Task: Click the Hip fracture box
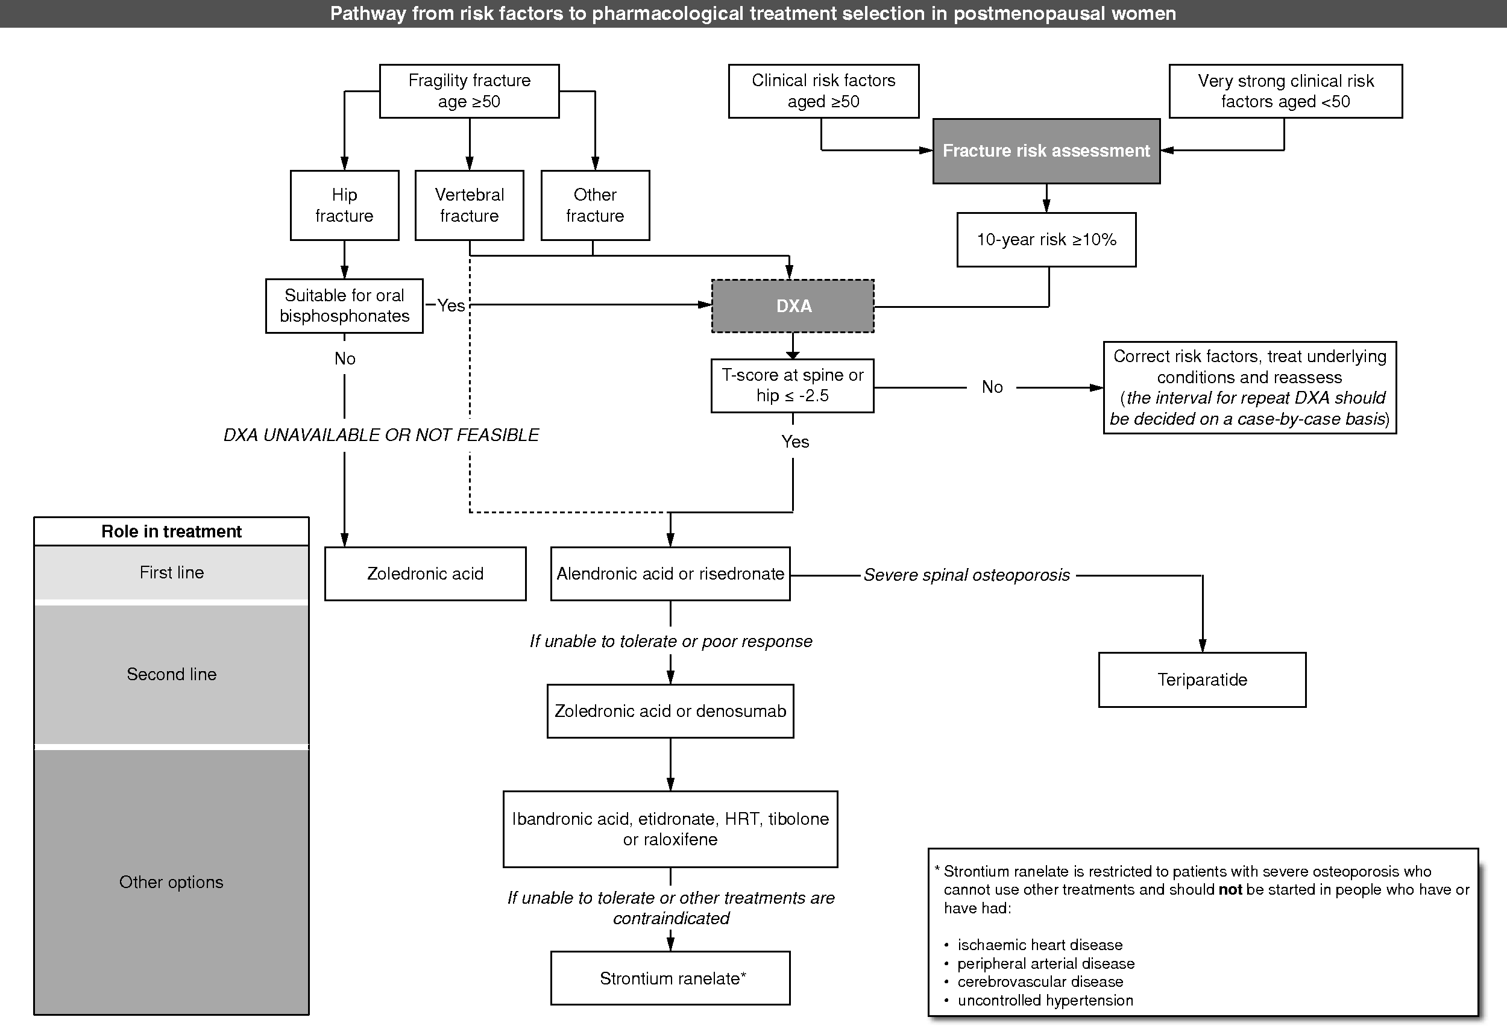coord(344,205)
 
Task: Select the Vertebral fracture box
coord(469,205)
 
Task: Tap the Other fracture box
coord(594,205)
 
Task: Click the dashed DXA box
coord(793,306)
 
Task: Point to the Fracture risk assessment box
coord(1046,151)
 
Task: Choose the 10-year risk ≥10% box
coord(1046,240)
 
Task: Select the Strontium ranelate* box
coord(670,978)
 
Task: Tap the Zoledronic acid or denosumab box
coord(670,711)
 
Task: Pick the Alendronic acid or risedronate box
coord(670,574)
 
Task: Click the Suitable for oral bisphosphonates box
coord(344,306)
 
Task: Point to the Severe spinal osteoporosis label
coord(966,575)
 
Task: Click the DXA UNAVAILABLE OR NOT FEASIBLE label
coord(382,435)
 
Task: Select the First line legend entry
coord(171,572)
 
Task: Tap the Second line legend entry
coord(171,674)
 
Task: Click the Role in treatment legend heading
coord(171,531)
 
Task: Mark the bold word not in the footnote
coord(1230,890)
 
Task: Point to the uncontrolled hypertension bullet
coord(1045,1000)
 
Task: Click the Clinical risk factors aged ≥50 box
coord(823,92)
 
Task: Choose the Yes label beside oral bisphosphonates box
coord(451,305)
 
